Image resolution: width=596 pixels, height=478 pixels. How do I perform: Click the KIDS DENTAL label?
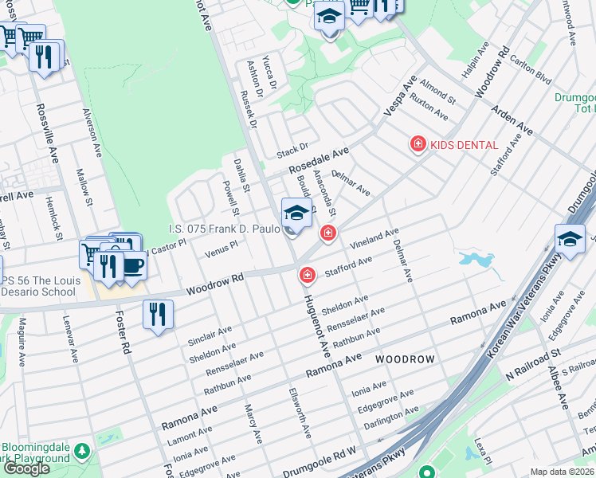pyautogui.click(x=464, y=145)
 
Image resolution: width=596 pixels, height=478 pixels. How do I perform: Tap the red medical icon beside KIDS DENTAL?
pyautogui.click(x=417, y=144)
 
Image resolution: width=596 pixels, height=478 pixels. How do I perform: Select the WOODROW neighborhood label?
pyautogui.click(x=405, y=359)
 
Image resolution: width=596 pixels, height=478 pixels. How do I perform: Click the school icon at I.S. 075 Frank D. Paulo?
pyautogui.click(x=296, y=214)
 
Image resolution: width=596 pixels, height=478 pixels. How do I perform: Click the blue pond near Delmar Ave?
pyautogui.click(x=476, y=260)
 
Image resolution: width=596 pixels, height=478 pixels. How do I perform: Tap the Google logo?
pyautogui.click(x=25, y=468)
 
